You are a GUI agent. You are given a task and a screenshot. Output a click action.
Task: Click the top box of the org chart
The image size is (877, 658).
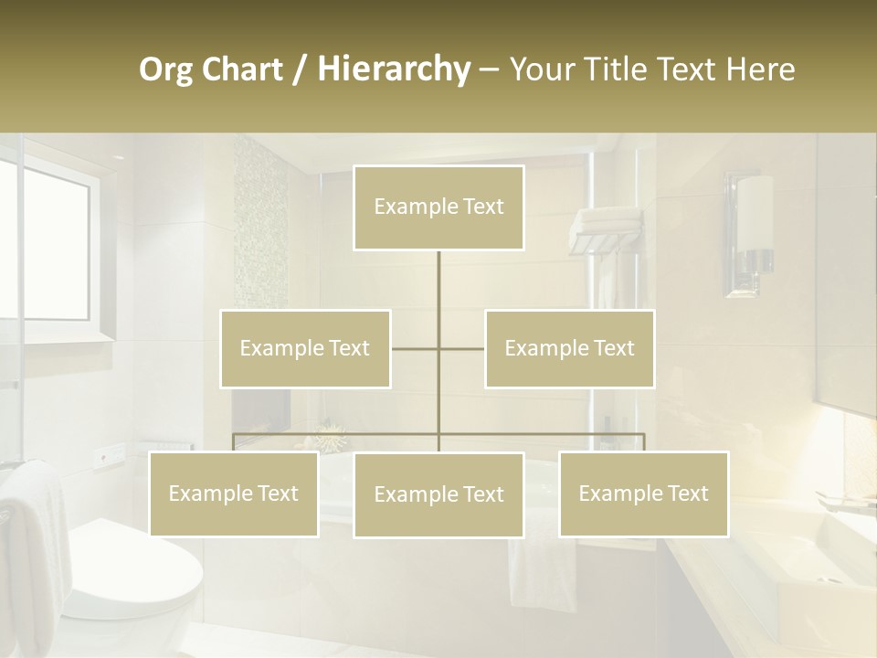438,207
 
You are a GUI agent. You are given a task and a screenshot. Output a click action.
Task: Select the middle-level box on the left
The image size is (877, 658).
305,348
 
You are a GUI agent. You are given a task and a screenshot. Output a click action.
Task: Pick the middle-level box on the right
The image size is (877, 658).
569,348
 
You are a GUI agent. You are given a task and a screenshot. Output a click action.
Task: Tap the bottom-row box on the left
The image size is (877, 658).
234,493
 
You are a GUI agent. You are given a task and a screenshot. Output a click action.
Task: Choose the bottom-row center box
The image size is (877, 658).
438,494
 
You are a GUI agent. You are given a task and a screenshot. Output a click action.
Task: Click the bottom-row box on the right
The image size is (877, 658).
643,493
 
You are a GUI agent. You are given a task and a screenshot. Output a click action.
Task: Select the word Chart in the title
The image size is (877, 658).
244,69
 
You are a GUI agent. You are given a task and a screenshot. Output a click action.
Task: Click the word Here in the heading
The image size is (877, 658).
760,69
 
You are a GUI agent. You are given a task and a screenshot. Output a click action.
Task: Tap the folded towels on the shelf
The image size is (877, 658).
606,222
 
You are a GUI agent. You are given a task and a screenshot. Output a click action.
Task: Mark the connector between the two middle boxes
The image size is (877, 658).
438,348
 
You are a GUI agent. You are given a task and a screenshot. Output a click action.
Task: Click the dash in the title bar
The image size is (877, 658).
489,69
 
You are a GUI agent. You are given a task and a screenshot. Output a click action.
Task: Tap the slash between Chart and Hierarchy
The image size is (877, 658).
300,69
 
